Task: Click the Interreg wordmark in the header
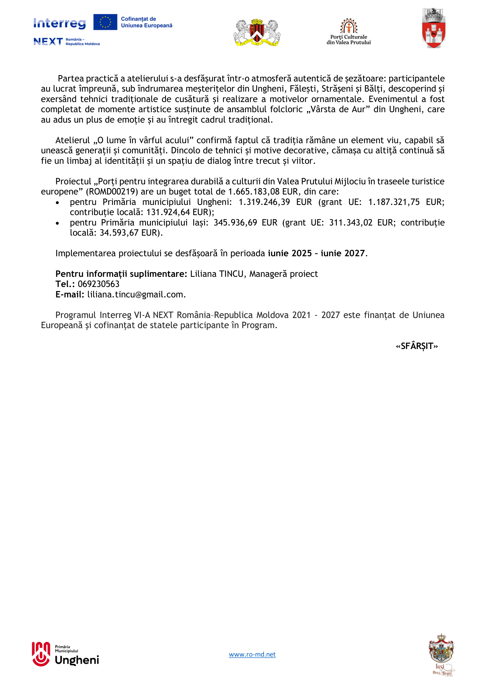tap(60, 23)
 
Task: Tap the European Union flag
tap(105, 22)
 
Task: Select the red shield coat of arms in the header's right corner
tap(433, 29)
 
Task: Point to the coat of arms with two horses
tap(257, 32)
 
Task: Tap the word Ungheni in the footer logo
tap(77, 660)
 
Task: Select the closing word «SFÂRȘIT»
tap(417, 346)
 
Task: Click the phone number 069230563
tap(98, 284)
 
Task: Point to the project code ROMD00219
tap(112, 192)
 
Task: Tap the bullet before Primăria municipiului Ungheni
tap(58, 203)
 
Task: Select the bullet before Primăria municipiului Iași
tap(58, 223)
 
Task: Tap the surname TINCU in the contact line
tap(231, 274)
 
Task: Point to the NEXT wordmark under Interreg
tap(48, 41)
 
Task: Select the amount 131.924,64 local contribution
tap(168, 212)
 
